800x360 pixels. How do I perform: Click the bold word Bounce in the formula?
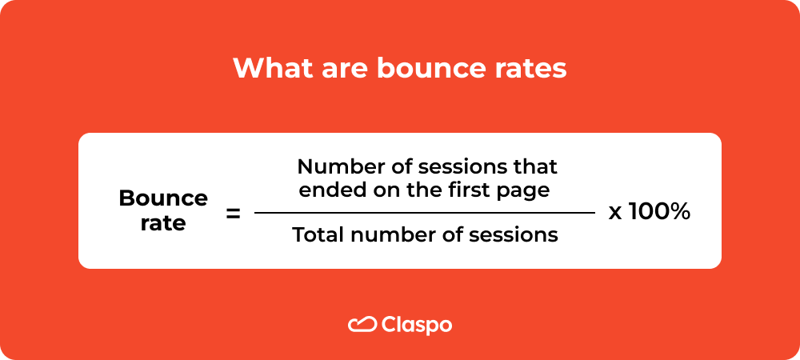[x=163, y=198]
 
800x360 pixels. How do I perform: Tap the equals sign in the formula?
[x=234, y=214]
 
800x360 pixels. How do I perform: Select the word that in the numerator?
[x=537, y=168]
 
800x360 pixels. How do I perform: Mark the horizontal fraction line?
[x=425, y=213]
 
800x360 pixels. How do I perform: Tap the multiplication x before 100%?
[x=616, y=214]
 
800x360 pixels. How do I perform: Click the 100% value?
[x=659, y=213]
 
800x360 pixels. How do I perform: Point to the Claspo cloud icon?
[x=362, y=324]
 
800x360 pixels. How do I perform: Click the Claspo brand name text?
[x=417, y=325]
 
